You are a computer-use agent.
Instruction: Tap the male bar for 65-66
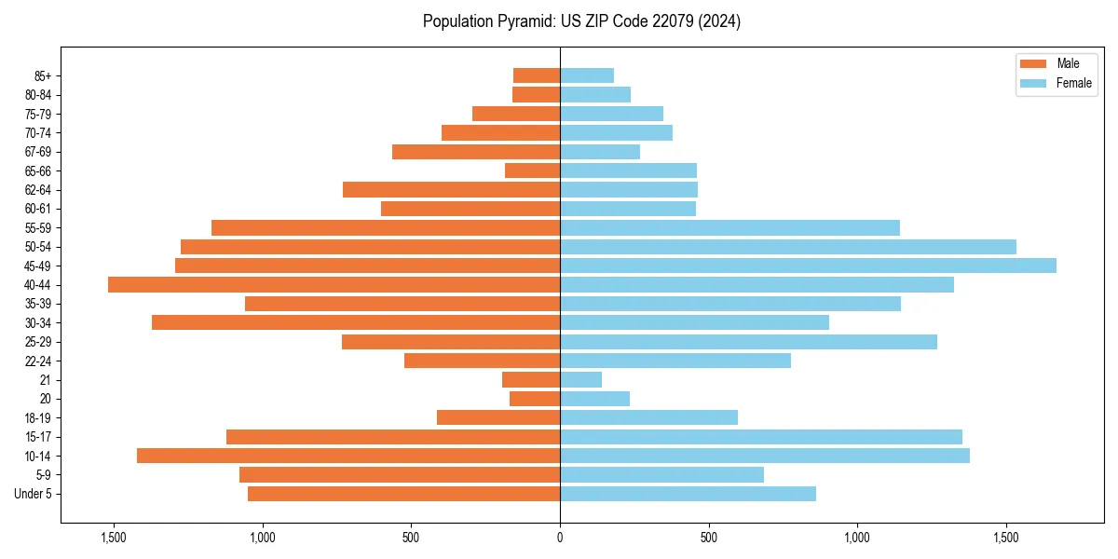[x=532, y=170]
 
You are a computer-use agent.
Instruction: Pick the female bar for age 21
[x=580, y=380]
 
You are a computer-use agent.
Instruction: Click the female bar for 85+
[x=587, y=75]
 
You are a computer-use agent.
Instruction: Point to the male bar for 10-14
[x=348, y=456]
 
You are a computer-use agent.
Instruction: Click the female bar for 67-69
[x=600, y=152]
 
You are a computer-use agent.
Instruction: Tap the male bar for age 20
[x=535, y=399]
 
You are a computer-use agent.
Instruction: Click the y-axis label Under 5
[x=34, y=494]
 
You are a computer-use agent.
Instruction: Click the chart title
[x=581, y=21]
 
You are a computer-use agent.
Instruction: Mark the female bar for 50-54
[x=788, y=247]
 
